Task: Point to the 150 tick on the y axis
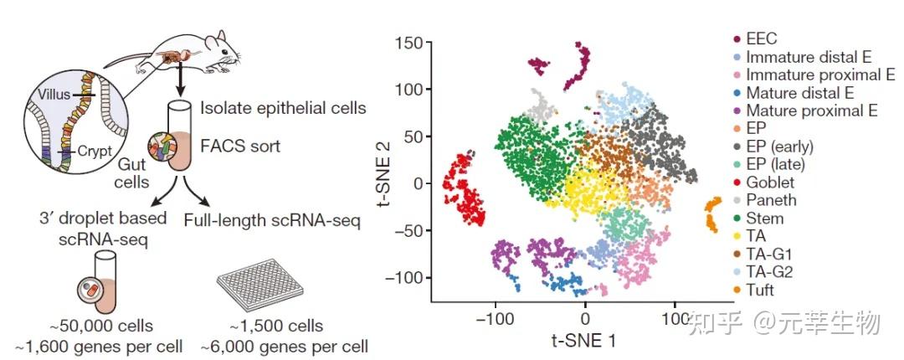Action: [408, 42]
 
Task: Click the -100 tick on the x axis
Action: [497, 319]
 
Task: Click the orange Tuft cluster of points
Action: [712, 215]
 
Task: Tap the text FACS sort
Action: [239, 147]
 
